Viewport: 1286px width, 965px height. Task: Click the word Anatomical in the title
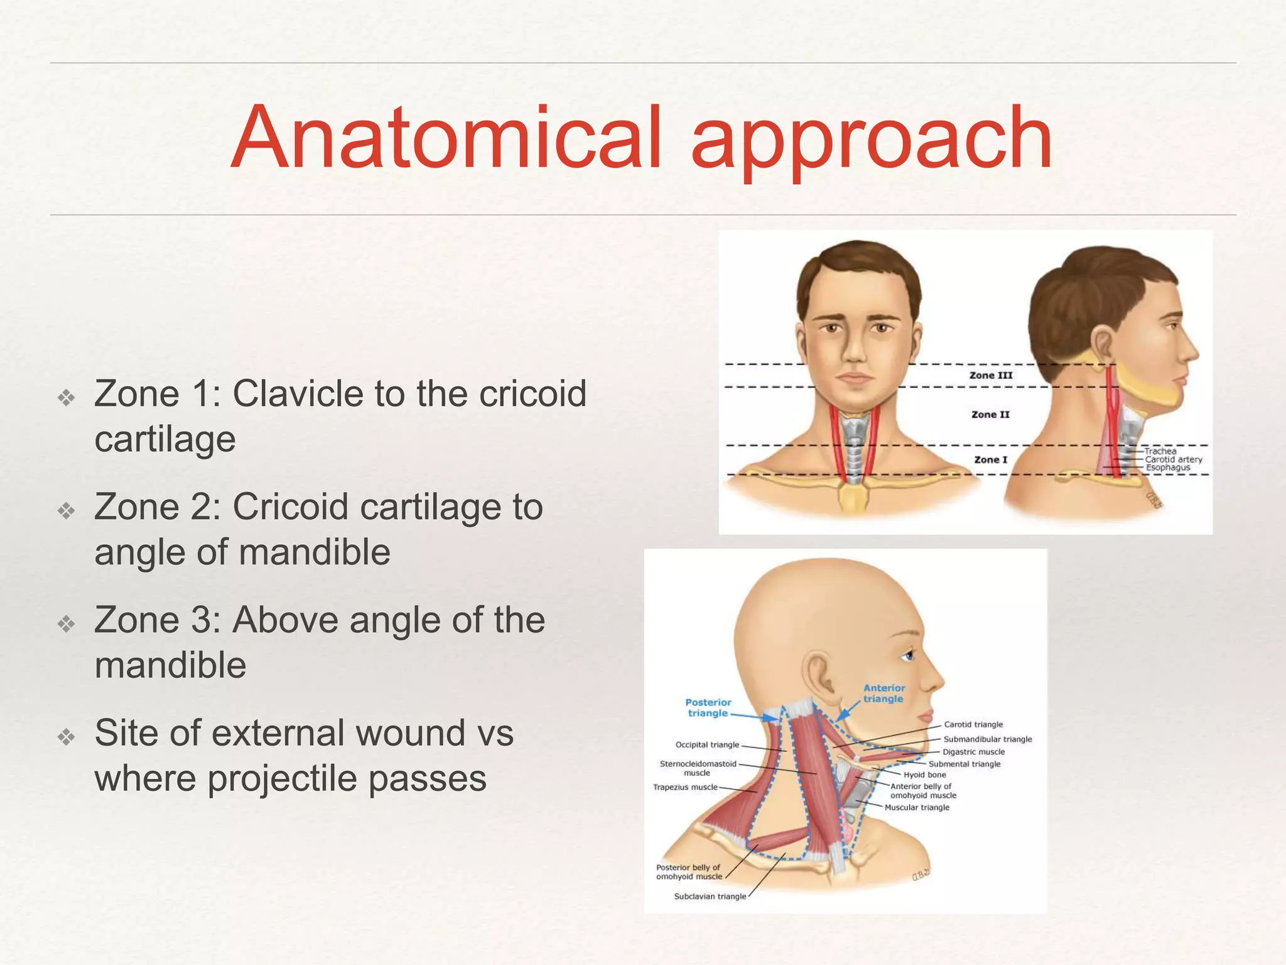(x=446, y=138)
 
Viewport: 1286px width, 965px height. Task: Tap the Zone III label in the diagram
(x=991, y=375)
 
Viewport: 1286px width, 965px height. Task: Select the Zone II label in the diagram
(x=990, y=415)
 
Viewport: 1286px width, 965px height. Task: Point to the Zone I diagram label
(x=990, y=460)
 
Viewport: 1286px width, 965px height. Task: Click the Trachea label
(x=1160, y=451)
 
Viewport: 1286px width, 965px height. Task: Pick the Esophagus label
(x=1167, y=467)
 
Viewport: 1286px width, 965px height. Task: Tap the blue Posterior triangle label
(x=708, y=707)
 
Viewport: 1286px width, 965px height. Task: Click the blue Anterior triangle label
(x=883, y=693)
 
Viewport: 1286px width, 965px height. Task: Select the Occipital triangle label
(x=707, y=745)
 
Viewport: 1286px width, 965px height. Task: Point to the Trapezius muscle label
(x=685, y=787)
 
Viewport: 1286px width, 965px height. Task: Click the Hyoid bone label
(x=924, y=775)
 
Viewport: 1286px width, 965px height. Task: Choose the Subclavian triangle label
(x=710, y=897)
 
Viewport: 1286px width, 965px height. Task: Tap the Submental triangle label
(x=964, y=764)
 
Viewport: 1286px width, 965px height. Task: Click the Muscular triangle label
(x=917, y=807)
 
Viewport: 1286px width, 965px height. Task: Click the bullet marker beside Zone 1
(x=67, y=397)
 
